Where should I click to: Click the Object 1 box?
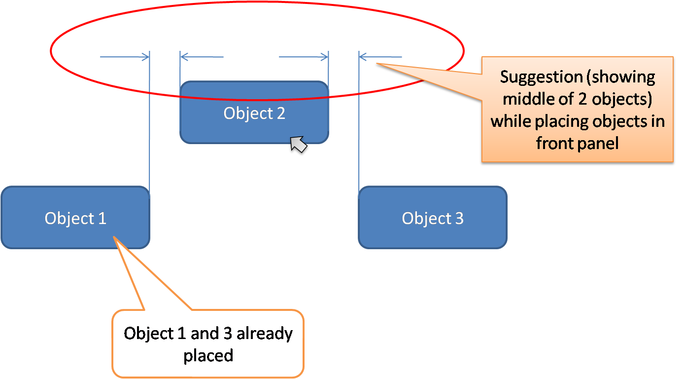[x=75, y=218]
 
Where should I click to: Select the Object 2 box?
[x=254, y=113]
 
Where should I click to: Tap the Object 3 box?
[x=432, y=218]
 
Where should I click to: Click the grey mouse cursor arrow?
[x=298, y=146]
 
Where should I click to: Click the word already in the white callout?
[x=264, y=334]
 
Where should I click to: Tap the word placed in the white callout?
[x=208, y=355]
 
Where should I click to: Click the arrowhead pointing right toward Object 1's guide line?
[x=145, y=57]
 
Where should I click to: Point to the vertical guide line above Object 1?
[x=149, y=123]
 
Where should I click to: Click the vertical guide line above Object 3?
[x=359, y=123]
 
